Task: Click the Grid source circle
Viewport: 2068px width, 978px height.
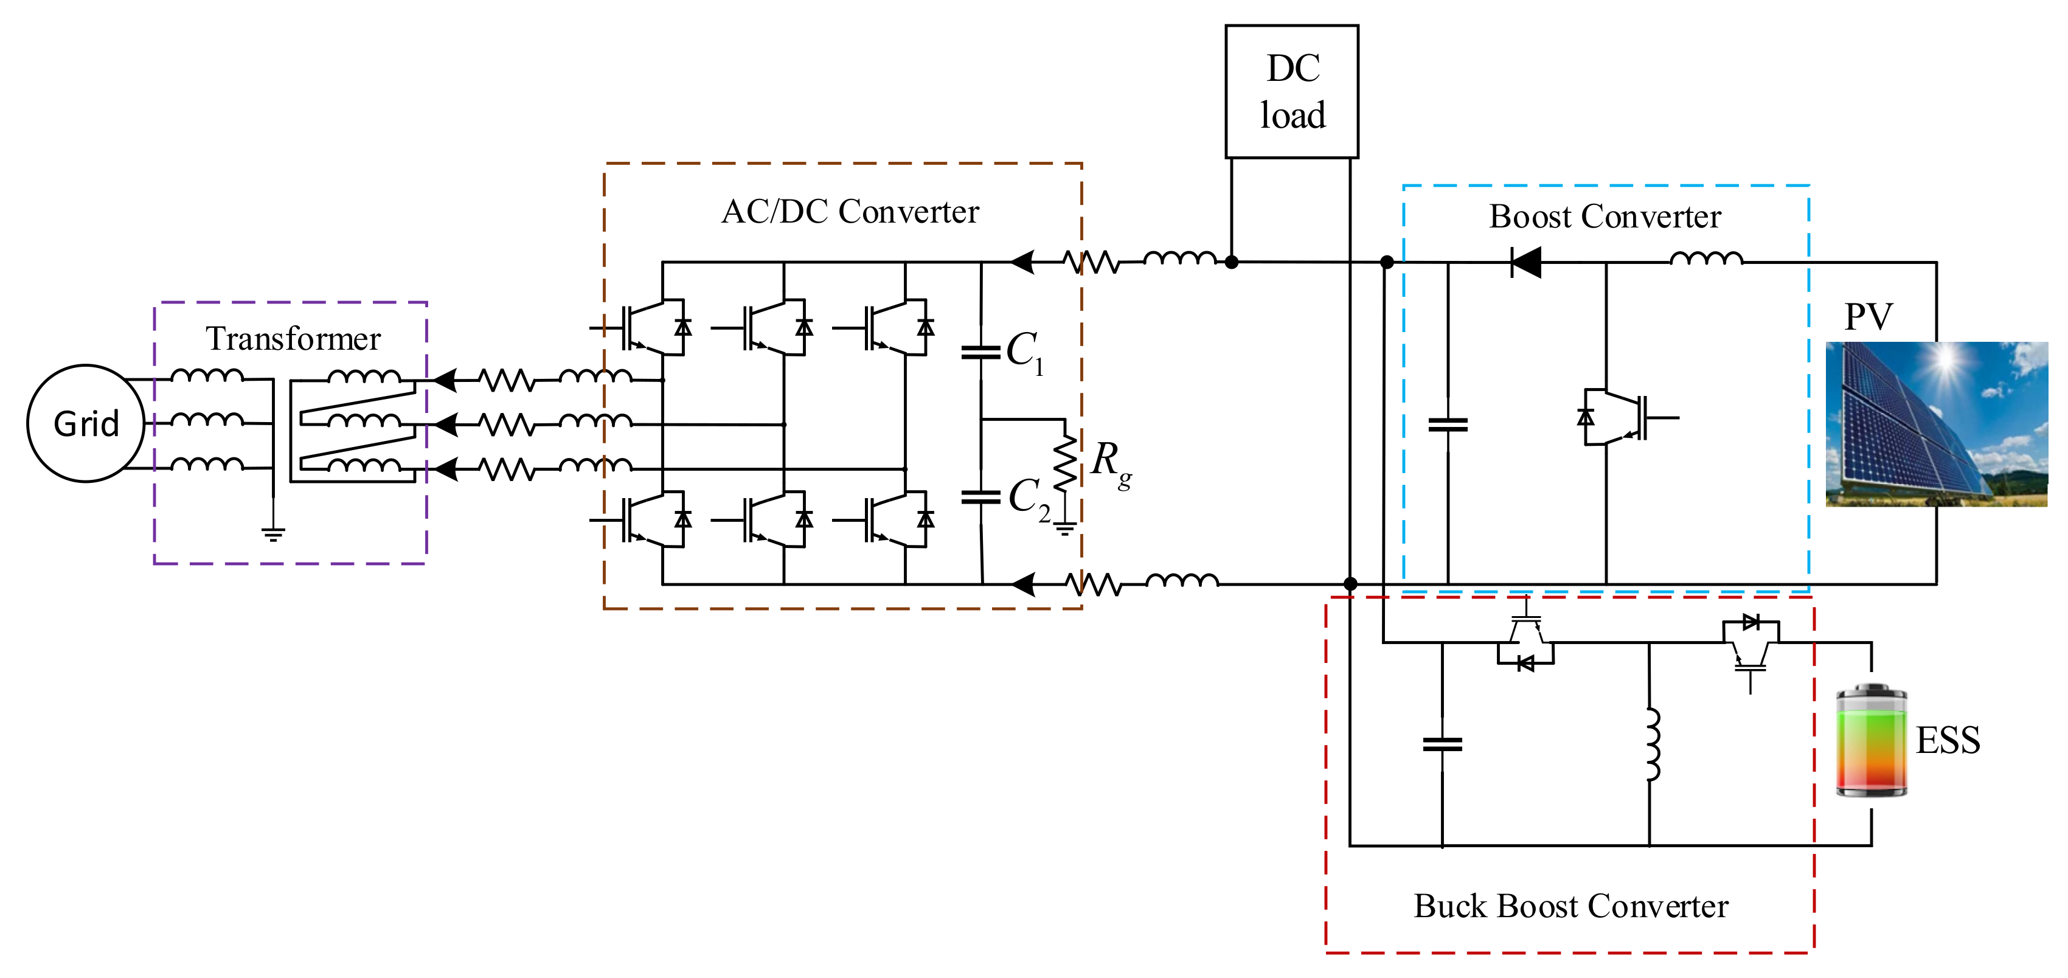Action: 86,423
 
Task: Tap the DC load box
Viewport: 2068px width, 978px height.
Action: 1292,92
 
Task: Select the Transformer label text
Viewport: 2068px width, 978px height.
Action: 293,339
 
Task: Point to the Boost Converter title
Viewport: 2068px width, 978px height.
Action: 1605,217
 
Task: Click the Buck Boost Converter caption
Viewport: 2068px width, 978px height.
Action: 1570,906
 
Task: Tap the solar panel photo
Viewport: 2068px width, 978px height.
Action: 1937,424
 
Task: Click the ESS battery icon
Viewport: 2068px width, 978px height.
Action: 1872,740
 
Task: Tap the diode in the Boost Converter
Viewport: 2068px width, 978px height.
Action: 1525,262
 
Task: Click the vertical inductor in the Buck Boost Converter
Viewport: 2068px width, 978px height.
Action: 1651,744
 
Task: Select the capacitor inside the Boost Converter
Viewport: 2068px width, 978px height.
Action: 1448,425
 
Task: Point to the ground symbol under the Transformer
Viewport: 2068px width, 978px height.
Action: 273,534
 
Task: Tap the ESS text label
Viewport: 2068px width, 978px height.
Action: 1948,740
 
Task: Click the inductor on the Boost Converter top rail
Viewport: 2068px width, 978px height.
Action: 1706,258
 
